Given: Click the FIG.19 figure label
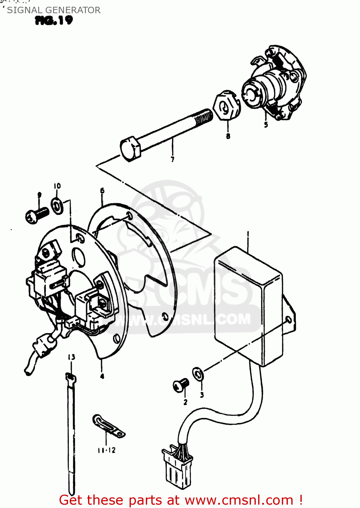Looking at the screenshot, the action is point(54,20).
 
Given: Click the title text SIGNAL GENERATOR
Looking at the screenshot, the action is point(54,10).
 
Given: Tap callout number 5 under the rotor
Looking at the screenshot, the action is point(266,125).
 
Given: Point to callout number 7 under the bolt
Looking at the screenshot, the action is point(173,159).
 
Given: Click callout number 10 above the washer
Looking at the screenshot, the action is point(57,186).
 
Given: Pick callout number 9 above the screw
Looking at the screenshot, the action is point(40,195).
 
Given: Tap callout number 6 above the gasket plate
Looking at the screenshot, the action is point(103,190).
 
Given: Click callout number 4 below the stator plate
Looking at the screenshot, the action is point(102,377).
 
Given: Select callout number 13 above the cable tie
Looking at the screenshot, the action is point(71,357).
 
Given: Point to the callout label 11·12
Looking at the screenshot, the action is point(107,450).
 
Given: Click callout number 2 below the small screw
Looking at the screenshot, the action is point(185,402).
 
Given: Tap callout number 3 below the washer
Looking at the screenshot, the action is point(202,395).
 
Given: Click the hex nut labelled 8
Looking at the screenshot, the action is point(227,105).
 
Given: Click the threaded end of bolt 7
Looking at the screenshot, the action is point(204,117).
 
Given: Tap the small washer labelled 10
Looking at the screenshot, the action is point(58,206).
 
